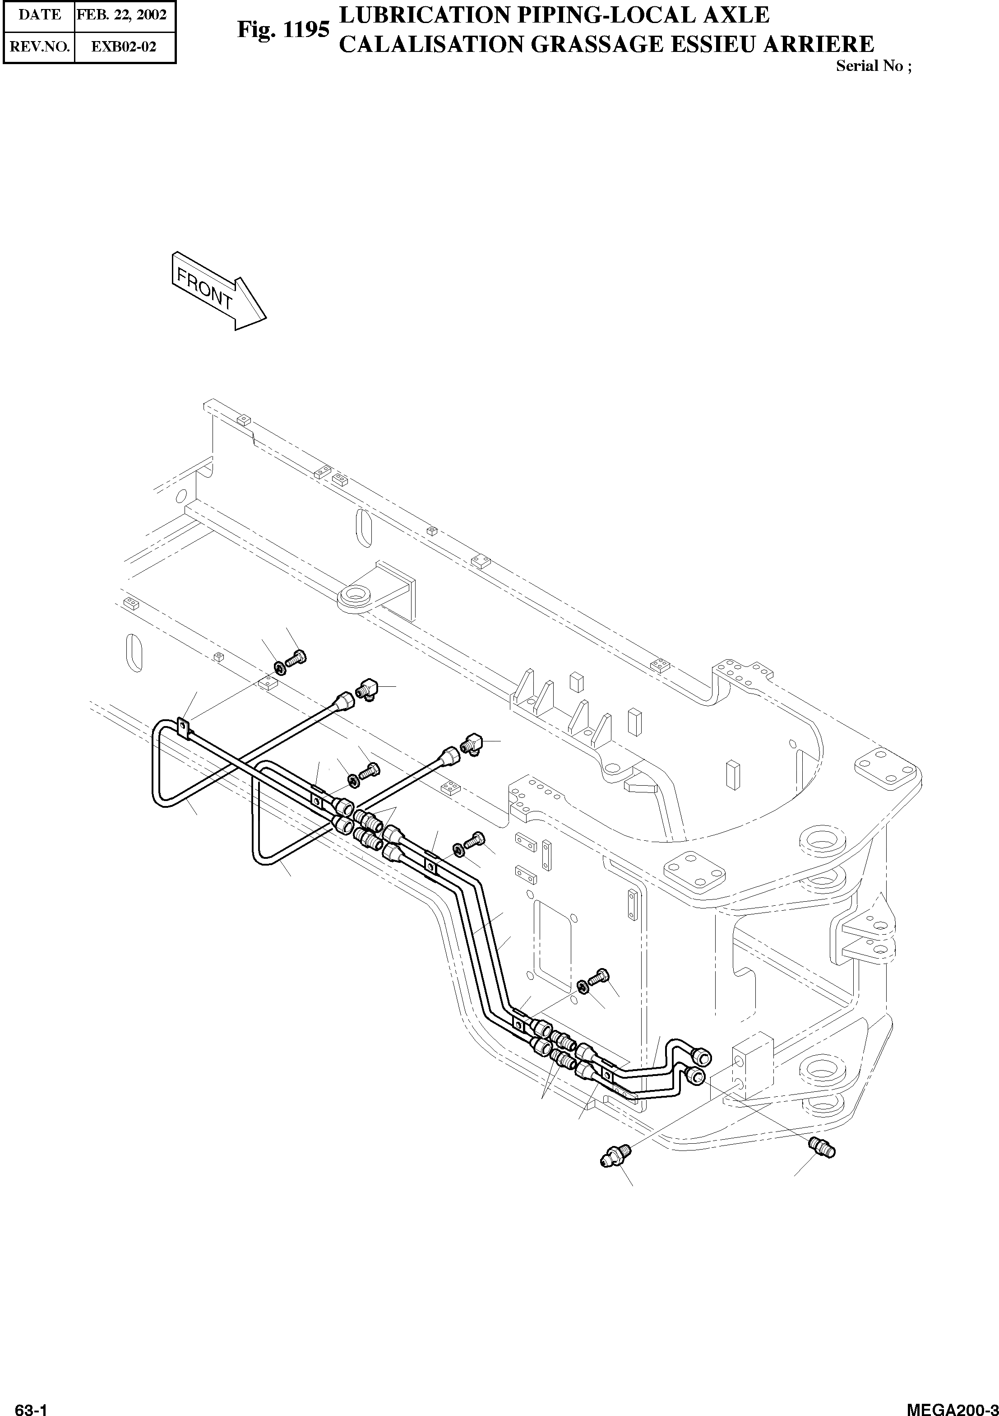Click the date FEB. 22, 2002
121,15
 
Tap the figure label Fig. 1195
283,30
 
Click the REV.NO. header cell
39,47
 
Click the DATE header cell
39,15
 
